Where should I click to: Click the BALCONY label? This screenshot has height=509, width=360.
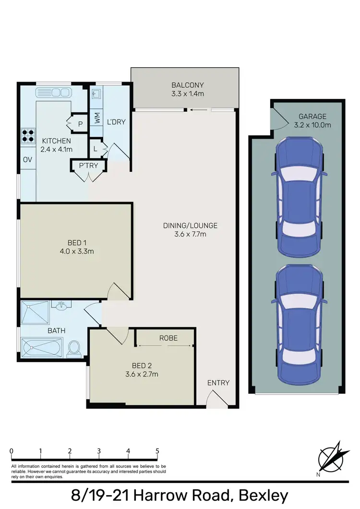pos(188,85)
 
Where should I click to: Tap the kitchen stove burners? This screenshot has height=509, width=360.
pos(28,135)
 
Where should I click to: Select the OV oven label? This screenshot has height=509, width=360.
pos(27,160)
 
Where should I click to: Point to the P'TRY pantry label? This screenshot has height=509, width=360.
pos(88,166)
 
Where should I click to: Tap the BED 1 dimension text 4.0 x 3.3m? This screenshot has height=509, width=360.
pos(76,251)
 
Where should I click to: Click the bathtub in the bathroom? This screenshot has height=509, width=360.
pos(41,347)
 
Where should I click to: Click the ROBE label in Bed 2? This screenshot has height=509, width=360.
pos(168,338)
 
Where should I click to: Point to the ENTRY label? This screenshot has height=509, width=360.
pos(218,383)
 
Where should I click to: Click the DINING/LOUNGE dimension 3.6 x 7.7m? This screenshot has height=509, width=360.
pos(190,234)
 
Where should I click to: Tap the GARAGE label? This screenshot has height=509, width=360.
pos(312,116)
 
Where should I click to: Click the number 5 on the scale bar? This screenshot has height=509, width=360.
pos(157,451)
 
